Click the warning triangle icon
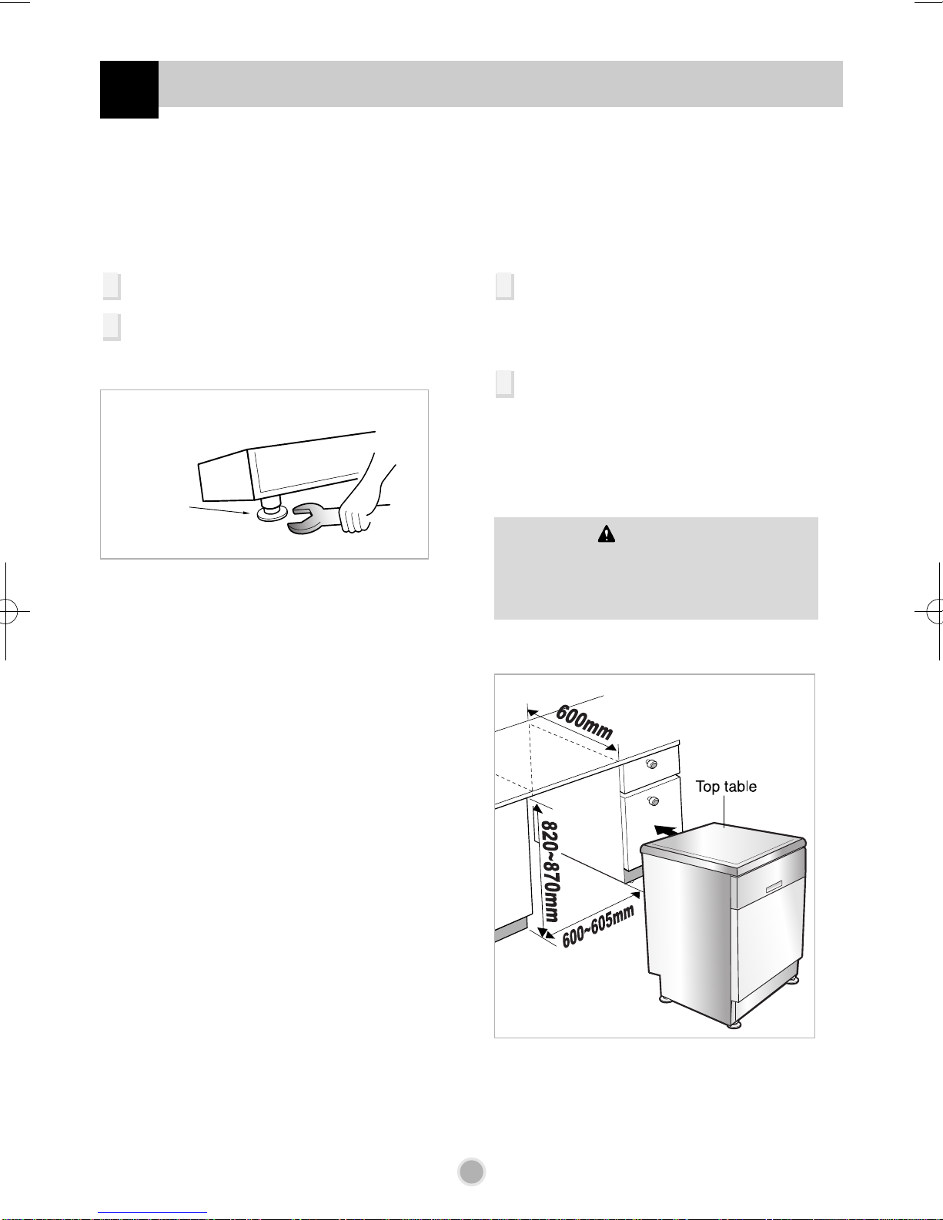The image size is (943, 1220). pyautogui.click(x=607, y=534)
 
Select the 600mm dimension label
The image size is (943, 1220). pyautogui.click(x=584, y=723)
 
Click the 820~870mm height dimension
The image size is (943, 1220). pyautogui.click(x=550, y=872)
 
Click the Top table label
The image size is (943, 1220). pyautogui.click(x=726, y=787)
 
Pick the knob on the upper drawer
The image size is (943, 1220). pyautogui.click(x=651, y=764)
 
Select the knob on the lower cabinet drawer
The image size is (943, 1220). pyautogui.click(x=653, y=801)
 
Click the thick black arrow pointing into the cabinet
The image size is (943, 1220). pyautogui.click(x=666, y=831)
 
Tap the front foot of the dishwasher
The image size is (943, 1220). pyautogui.click(x=734, y=1024)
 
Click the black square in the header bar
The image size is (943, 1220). pyautogui.click(x=129, y=89)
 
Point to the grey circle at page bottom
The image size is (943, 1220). pyautogui.click(x=471, y=1172)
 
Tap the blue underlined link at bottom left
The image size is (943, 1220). pyautogui.click(x=152, y=1213)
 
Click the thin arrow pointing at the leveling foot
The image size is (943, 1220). pyautogui.click(x=219, y=510)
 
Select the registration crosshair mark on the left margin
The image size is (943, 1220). pyautogui.click(x=7, y=611)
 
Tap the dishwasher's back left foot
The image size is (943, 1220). pyautogui.click(x=664, y=1000)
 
